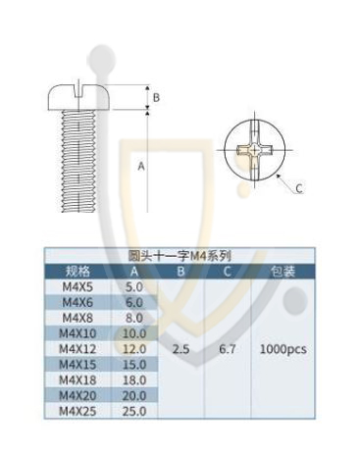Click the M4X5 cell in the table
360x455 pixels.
click(77, 287)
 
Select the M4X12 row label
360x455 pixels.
click(77, 349)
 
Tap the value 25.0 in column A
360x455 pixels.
click(134, 411)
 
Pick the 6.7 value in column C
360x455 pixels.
click(228, 349)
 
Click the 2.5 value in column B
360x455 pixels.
click(181, 349)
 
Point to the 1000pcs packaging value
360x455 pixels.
click(283, 349)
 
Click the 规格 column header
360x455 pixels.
click(77, 272)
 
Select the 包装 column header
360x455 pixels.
click(283, 272)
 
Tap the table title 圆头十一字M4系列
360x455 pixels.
click(180, 256)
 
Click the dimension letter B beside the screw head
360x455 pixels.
click(156, 97)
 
